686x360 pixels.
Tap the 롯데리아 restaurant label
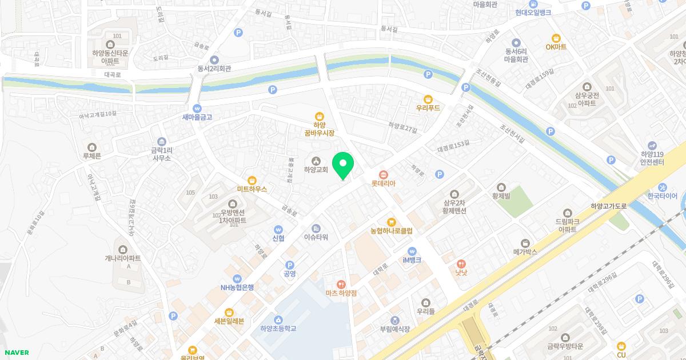coord(384,183)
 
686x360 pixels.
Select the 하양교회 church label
coord(316,169)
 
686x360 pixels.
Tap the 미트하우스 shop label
coord(252,188)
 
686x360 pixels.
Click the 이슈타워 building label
coord(316,237)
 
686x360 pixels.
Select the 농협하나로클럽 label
coord(392,231)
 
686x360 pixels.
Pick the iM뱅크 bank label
coord(412,259)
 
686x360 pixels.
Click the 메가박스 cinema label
coord(525,251)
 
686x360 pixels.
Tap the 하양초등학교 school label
coord(278,329)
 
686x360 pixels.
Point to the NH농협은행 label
coord(237,287)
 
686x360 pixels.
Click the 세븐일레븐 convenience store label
coord(229,321)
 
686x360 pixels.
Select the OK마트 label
coord(556,47)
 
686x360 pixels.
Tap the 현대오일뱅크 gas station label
coord(533,13)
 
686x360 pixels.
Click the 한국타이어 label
coord(663,196)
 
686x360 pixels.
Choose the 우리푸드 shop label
coord(428,107)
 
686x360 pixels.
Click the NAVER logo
coord(16,353)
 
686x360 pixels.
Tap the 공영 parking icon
coord(290,265)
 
